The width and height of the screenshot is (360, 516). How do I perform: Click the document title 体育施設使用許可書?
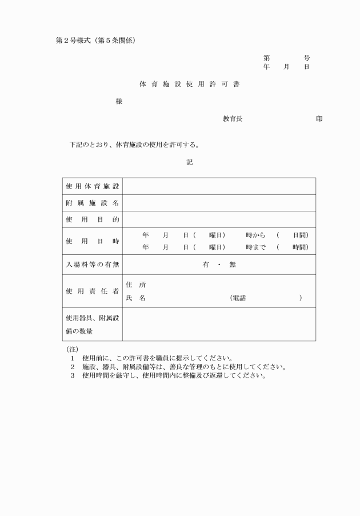click(x=189, y=84)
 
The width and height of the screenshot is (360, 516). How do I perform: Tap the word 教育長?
click(x=233, y=119)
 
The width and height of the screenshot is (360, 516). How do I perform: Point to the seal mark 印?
click(x=319, y=119)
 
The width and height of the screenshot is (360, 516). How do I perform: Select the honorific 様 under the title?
click(x=119, y=102)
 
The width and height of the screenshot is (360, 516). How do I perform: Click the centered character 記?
click(x=189, y=162)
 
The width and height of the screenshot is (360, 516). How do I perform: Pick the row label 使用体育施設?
click(x=93, y=186)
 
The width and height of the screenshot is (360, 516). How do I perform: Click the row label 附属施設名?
click(x=93, y=203)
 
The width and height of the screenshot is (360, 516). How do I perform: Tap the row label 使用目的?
click(x=93, y=219)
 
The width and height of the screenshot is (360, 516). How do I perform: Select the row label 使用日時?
click(x=93, y=241)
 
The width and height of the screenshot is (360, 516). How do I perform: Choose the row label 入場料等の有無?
click(x=93, y=264)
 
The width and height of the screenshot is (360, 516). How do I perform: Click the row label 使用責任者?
click(x=93, y=291)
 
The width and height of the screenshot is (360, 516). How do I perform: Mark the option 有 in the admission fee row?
click(x=205, y=264)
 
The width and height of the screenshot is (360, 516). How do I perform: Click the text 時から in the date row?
click(x=256, y=235)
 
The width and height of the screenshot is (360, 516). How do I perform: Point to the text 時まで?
click(x=256, y=247)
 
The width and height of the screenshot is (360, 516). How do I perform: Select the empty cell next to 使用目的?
click(x=219, y=219)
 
